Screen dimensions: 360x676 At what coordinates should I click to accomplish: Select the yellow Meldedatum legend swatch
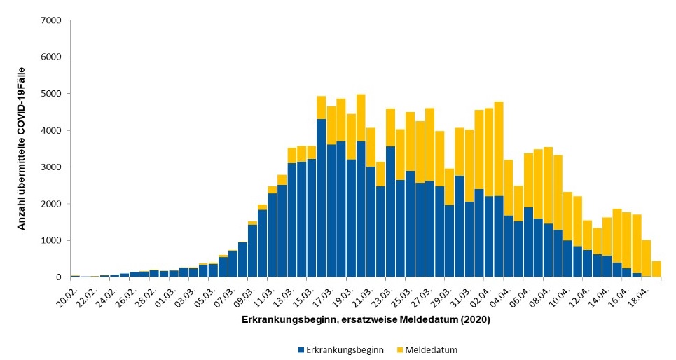tap(399, 349)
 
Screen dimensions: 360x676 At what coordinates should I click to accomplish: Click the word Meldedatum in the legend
tap(431, 349)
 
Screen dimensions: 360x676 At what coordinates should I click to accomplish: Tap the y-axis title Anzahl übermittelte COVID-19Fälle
tap(22, 149)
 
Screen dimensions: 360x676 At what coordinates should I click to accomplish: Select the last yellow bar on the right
tap(656, 270)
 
